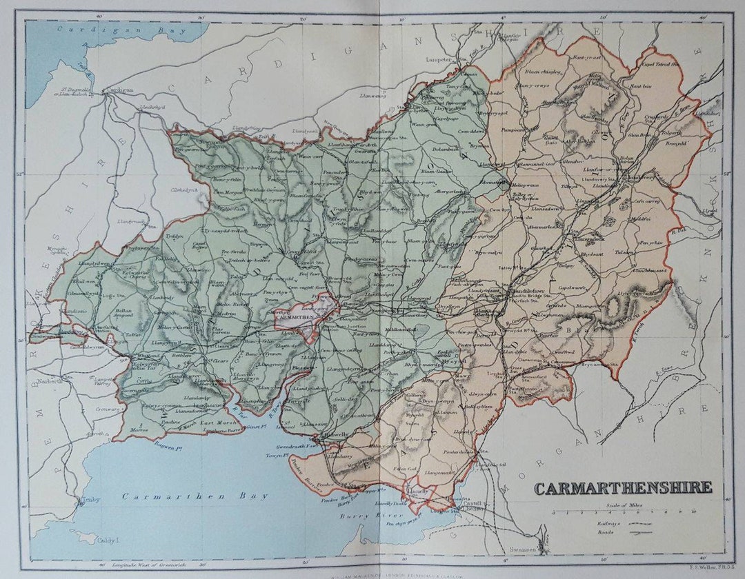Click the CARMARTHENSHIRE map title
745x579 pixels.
(623, 488)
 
